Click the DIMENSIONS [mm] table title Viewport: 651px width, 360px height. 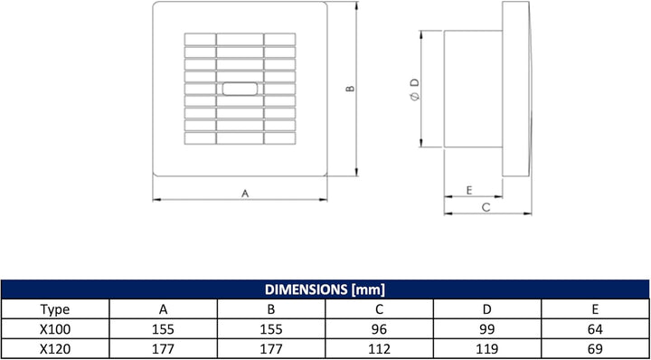point(325,289)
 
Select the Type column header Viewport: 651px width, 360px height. point(55,309)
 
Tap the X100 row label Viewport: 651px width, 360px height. point(55,329)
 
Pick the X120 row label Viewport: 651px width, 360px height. point(55,349)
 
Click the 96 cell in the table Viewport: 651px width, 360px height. point(379,329)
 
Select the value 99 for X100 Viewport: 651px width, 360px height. point(487,329)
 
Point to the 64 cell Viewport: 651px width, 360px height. point(595,329)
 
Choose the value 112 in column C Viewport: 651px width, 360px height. point(379,349)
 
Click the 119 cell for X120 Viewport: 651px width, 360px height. point(487,349)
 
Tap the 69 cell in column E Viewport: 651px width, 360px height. point(595,349)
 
